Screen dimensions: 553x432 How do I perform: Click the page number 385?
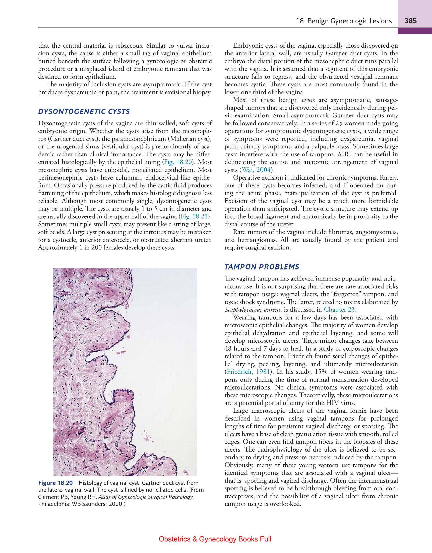click(x=411, y=21)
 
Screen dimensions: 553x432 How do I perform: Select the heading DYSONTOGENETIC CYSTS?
click(x=84, y=111)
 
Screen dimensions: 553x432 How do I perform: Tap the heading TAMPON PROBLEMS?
click(x=262, y=267)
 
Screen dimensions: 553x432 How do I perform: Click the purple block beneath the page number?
click(x=415, y=31)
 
